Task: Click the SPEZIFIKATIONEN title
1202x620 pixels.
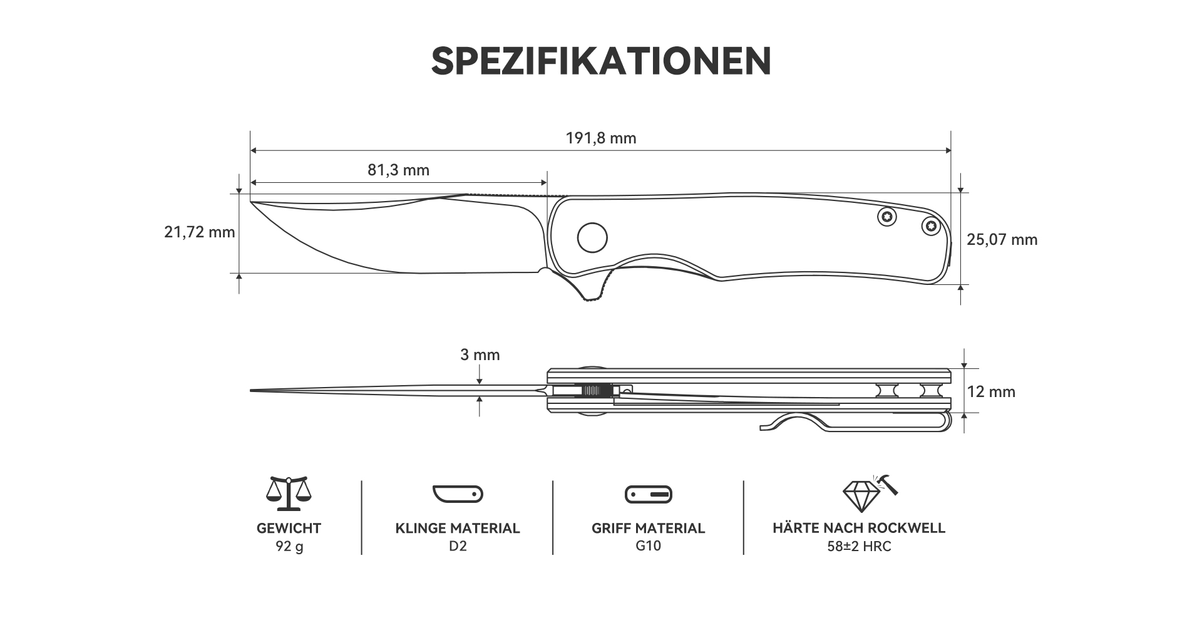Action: coord(601,61)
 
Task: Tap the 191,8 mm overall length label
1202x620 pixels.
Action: coord(601,138)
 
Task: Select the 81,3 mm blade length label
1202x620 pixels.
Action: coord(398,170)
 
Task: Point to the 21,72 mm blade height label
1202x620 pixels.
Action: coord(200,232)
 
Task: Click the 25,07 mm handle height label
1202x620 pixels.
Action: coord(1002,239)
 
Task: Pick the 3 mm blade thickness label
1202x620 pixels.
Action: coord(480,355)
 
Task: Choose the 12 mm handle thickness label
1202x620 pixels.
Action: coord(991,392)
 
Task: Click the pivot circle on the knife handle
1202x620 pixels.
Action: coord(592,237)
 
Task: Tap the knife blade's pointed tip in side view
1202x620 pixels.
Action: coord(252,202)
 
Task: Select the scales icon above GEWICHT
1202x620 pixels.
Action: coord(289,493)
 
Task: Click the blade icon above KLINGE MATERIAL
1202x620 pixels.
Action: coord(458,493)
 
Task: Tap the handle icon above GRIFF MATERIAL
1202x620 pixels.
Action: coord(649,494)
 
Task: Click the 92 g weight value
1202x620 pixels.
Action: coord(289,546)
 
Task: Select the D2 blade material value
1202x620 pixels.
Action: coord(458,546)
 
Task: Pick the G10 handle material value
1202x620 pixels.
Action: coord(649,546)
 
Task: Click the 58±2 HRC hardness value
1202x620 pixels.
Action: coord(859,546)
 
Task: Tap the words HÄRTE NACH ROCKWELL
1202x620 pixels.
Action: coord(859,528)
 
